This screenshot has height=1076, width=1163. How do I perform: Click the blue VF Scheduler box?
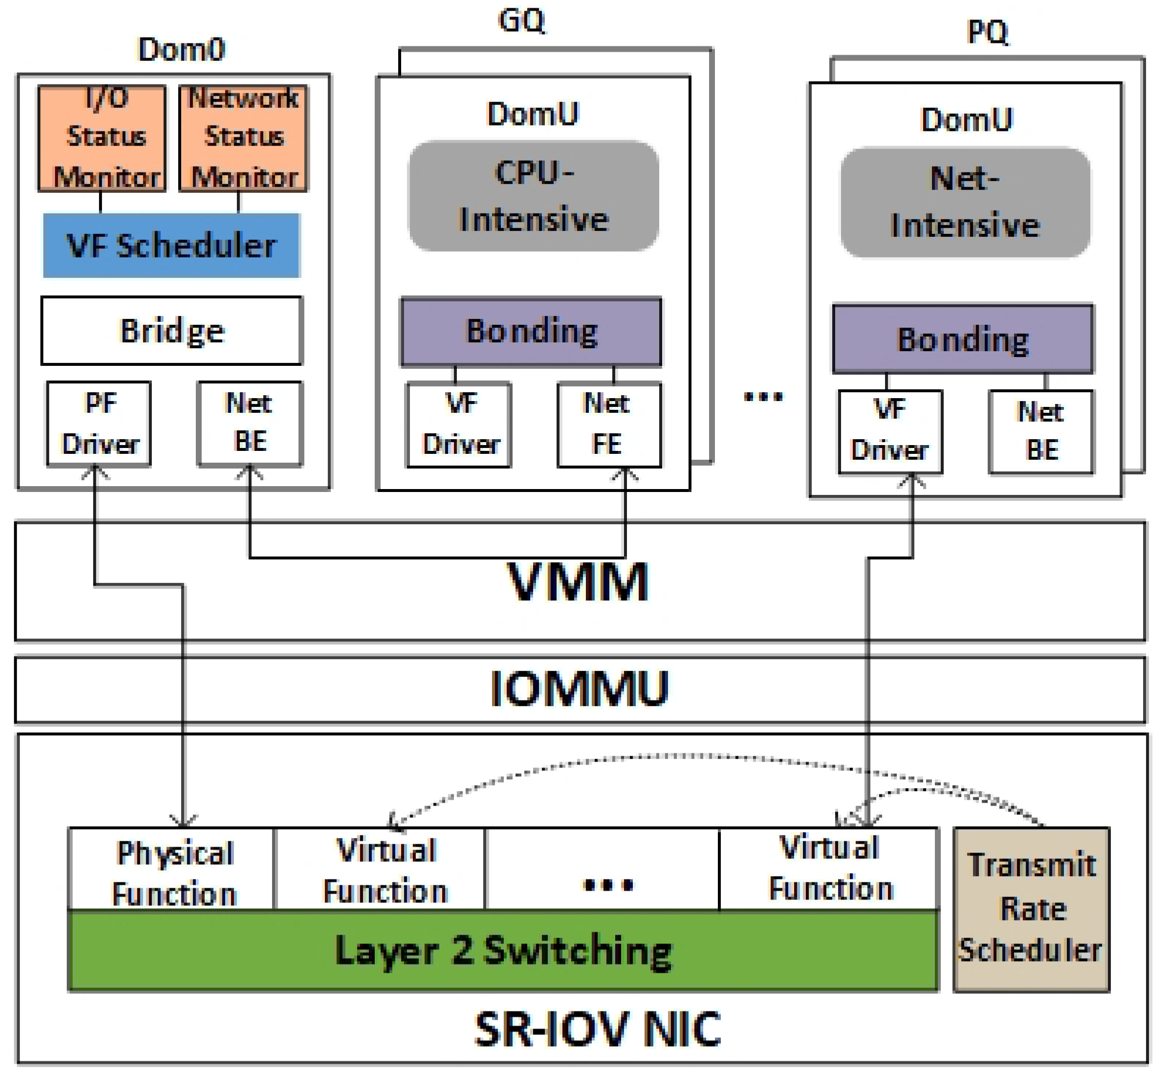pyautogui.click(x=171, y=245)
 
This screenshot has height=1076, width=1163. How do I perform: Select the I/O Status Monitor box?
pyautogui.click(x=102, y=138)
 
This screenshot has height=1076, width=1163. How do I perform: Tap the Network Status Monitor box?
pyautogui.click(x=243, y=138)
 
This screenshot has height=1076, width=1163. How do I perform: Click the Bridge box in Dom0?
pyautogui.click(x=171, y=331)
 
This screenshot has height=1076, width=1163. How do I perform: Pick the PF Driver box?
pyautogui.click(x=99, y=423)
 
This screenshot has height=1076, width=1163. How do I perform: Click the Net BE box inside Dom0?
pyautogui.click(x=250, y=423)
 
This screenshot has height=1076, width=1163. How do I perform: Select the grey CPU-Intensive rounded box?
pyautogui.click(x=533, y=196)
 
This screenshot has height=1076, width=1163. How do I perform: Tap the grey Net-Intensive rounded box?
pyautogui.click(x=965, y=202)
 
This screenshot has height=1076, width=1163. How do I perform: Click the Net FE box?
pyautogui.click(x=609, y=425)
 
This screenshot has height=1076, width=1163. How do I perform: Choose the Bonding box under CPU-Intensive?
pyautogui.click(x=531, y=332)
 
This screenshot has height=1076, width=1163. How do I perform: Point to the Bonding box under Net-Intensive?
pyautogui.click(x=962, y=339)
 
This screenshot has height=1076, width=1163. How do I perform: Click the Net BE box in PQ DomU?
pyautogui.click(x=1040, y=432)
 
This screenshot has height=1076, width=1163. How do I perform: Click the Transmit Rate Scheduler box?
pyautogui.click(x=1031, y=909)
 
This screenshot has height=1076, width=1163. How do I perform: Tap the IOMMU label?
pyautogui.click(x=579, y=689)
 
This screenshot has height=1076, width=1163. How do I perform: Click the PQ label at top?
pyautogui.click(x=987, y=32)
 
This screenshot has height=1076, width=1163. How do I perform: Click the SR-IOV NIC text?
pyautogui.click(x=597, y=1029)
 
